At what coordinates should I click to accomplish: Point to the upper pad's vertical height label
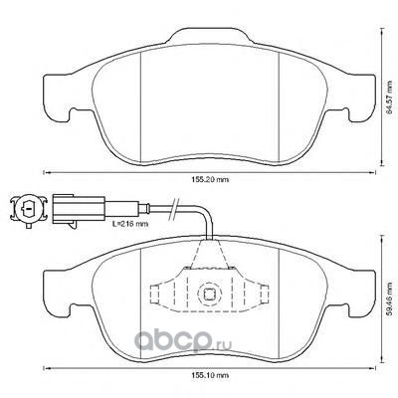[392, 97]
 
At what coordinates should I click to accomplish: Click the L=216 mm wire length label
[130, 224]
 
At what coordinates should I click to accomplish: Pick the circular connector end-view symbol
[28, 209]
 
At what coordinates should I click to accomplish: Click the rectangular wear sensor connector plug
[79, 209]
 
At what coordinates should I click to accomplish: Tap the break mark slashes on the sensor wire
[175, 209]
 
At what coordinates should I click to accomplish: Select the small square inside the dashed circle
[208, 294]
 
